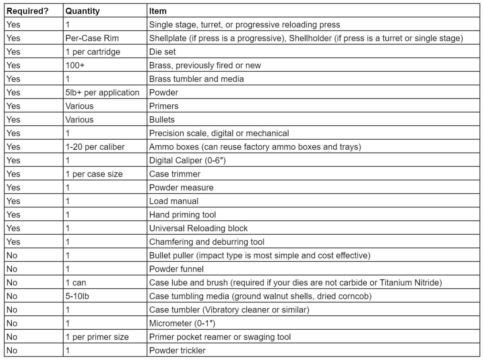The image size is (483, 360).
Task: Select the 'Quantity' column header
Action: pos(83,11)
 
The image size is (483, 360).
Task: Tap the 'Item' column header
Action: pos(158,11)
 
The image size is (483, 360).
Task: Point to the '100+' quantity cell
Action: pos(74,65)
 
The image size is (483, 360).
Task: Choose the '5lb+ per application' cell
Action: pos(102,93)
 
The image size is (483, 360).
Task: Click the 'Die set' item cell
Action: pos(163,52)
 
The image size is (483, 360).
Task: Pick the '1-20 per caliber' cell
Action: pos(95,147)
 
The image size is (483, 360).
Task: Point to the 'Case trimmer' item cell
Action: pos(175,174)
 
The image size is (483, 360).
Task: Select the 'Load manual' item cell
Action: pos(174,201)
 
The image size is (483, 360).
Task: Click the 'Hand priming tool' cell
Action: pos(182,215)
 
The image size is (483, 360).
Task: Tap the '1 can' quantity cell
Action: pos(76,282)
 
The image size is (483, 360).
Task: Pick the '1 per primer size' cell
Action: pos(97,337)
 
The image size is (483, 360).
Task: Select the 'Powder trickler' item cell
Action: pos(177,350)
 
